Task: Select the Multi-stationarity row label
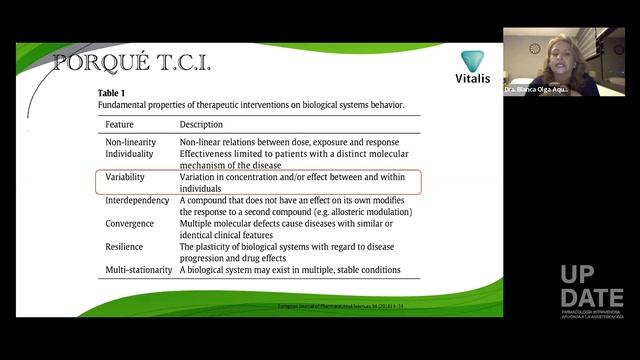[x=139, y=270]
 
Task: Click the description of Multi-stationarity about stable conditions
[x=290, y=270]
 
